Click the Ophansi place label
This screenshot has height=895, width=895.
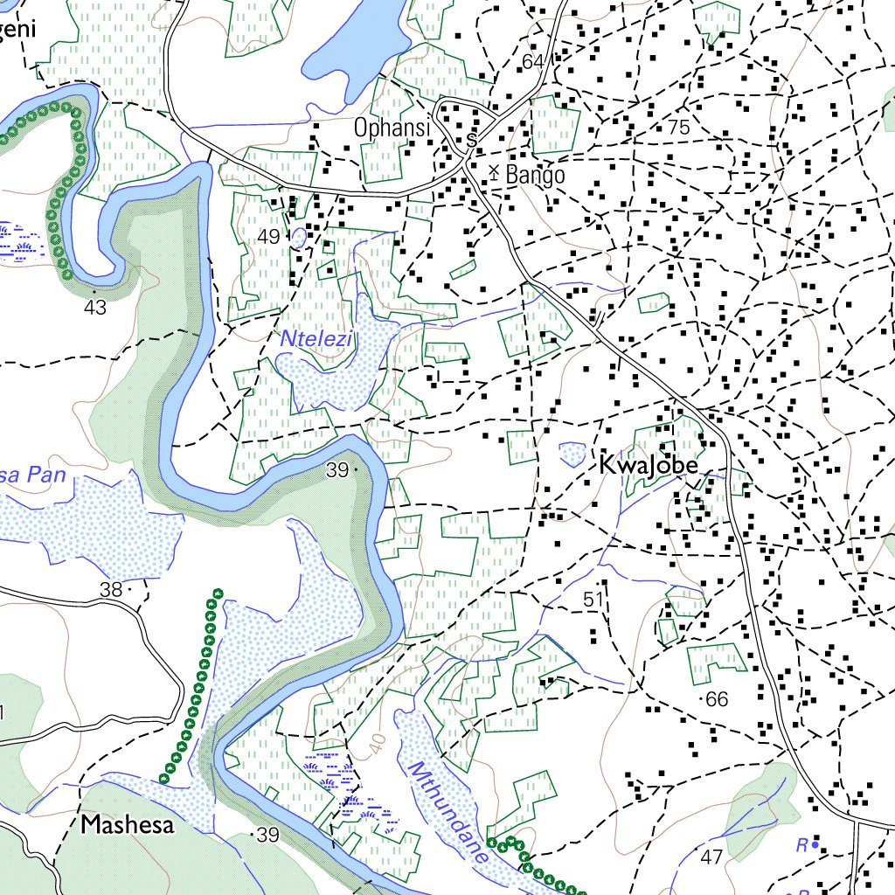392,128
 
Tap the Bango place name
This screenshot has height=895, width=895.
535,175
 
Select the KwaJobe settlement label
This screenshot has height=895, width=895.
649,466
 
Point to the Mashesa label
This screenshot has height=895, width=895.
128,824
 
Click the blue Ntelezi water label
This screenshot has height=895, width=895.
316,338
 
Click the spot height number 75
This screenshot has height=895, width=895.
678,128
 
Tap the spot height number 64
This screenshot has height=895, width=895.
532,61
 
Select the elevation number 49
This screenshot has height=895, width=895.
268,237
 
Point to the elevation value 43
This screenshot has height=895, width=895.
95,308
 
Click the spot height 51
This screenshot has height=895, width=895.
594,600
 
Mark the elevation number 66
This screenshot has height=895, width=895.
717,699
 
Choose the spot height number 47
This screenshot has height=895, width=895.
711,857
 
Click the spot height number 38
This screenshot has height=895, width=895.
111,590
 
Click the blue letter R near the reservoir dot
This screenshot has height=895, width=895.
801,845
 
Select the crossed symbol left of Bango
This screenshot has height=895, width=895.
494,172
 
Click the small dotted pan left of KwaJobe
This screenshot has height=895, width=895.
572,453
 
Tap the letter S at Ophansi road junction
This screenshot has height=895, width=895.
471,140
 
